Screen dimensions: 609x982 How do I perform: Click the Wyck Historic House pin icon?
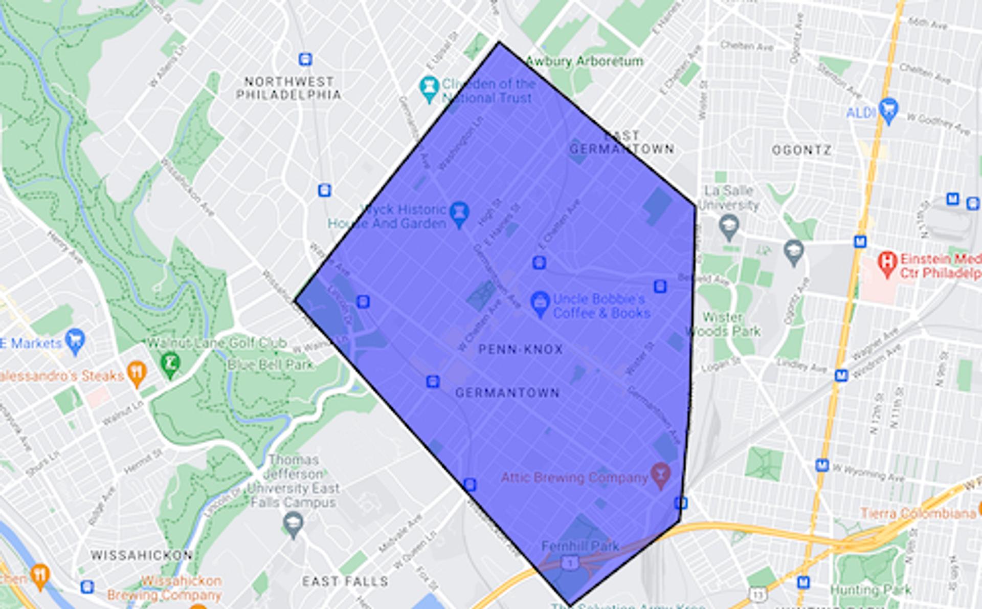tap(459, 214)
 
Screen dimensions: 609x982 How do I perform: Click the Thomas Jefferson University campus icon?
tap(293, 524)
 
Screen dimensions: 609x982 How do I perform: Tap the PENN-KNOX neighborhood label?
tap(520, 350)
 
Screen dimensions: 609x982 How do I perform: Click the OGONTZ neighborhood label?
tap(801, 150)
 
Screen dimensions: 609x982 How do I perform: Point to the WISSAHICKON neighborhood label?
tap(142, 555)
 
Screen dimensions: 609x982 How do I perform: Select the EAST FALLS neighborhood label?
tap(345, 581)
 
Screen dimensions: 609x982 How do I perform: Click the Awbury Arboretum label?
tap(584, 61)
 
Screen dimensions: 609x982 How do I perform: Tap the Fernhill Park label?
tap(580, 546)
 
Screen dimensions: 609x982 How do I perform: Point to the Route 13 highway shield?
tap(757, 594)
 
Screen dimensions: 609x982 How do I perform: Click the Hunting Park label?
tap(871, 590)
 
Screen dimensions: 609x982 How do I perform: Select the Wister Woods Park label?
tap(722, 324)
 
